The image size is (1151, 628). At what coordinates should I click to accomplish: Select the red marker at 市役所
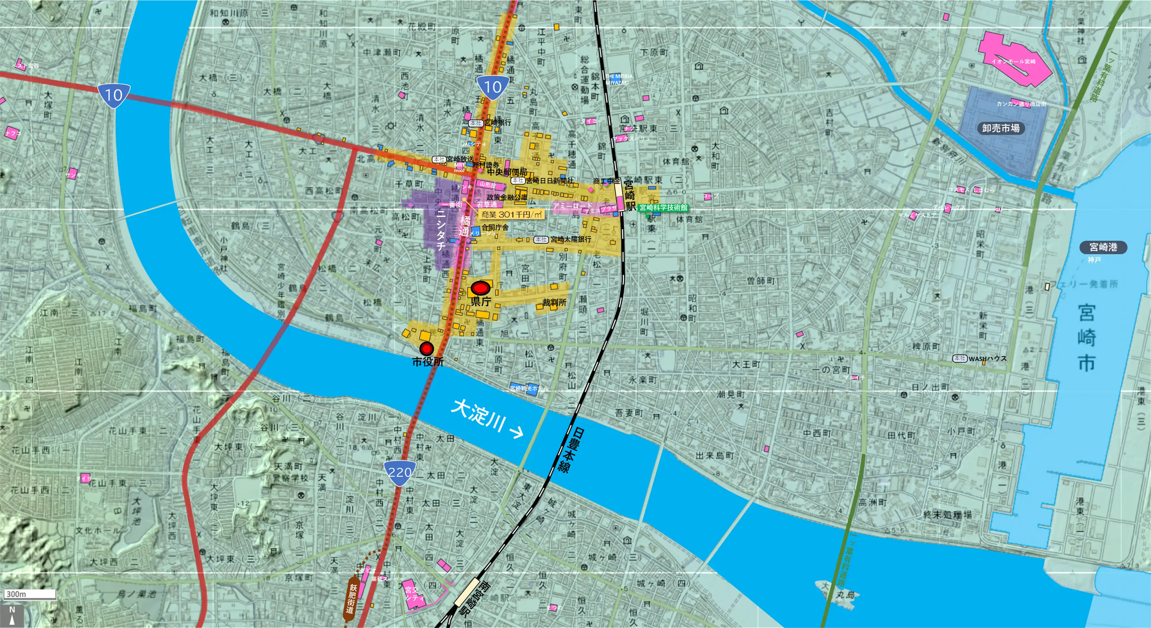[427, 348]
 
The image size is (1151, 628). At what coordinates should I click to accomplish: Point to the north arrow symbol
[12, 615]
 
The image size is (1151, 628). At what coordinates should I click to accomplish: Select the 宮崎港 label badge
[1103, 247]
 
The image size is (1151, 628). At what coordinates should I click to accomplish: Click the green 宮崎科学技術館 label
[663, 207]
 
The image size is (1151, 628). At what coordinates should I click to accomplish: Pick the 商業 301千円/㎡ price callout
[512, 215]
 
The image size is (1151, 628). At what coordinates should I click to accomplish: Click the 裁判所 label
[554, 303]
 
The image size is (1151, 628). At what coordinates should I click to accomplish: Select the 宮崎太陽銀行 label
[570, 239]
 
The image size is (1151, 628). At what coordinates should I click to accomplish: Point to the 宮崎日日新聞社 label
[549, 181]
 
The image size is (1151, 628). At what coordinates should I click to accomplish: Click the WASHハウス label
[987, 358]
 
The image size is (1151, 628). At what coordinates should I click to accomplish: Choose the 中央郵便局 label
[507, 172]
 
